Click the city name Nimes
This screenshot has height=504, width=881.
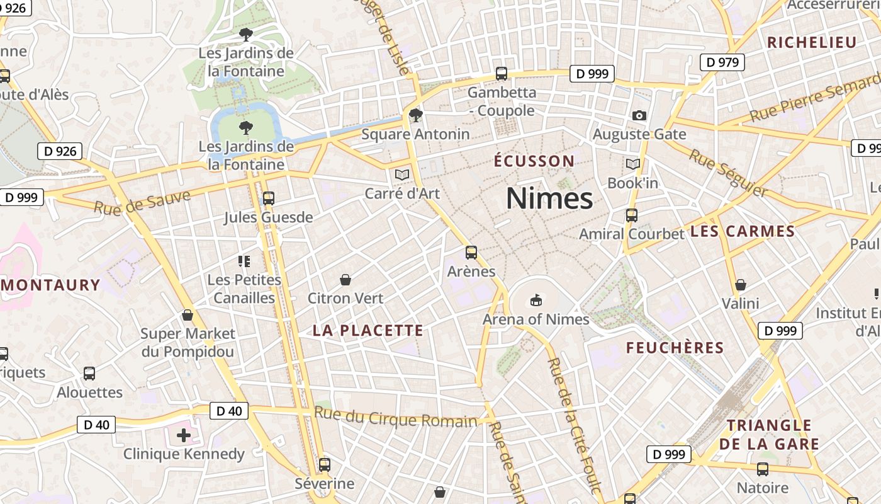549,198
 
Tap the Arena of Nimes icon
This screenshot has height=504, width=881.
536,300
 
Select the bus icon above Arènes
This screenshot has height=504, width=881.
471,253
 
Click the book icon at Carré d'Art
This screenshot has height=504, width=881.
401,175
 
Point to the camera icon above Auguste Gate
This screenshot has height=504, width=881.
639,115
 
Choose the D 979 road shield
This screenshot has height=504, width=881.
722,62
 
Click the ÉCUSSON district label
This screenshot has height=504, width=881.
534,161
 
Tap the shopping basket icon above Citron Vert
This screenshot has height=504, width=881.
345,279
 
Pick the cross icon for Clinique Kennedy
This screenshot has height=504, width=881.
184,435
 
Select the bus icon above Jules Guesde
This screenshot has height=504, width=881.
269,198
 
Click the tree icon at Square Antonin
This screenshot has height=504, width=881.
415,115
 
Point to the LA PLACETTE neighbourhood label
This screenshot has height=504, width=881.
368,331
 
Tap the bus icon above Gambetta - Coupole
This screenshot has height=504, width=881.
502,74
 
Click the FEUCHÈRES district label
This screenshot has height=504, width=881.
675,348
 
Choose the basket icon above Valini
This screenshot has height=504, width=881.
741,285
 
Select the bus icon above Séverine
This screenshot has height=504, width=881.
325,465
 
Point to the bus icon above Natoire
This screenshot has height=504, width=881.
763,469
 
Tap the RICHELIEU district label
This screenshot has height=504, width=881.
812,43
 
